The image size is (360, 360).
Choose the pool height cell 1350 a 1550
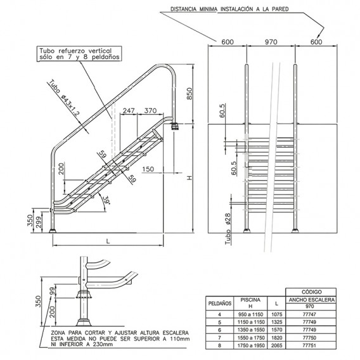248,329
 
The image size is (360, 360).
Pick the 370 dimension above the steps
150,111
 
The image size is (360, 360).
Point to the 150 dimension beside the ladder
149,169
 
